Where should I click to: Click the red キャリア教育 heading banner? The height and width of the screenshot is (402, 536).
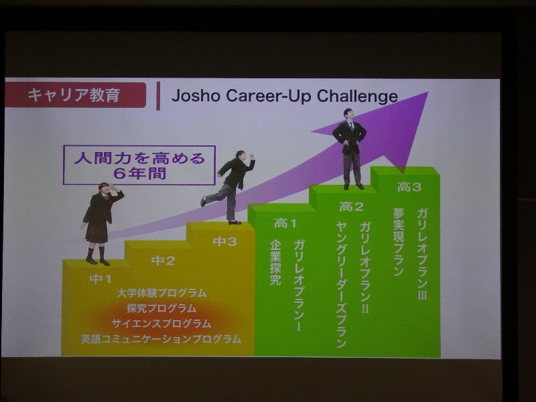coord(75,94)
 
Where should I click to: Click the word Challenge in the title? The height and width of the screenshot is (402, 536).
coord(357,96)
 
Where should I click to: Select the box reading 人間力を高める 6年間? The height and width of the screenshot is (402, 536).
coord(139,165)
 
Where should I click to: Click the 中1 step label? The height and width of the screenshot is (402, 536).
coord(100,279)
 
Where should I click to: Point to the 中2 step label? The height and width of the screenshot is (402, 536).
coord(163,261)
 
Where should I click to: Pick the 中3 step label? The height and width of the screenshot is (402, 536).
coord(224,242)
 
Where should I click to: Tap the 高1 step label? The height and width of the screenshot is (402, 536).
coord(285,224)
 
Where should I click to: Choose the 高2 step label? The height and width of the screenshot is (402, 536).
coord(351,206)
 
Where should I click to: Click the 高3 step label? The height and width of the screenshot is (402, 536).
coord(409,187)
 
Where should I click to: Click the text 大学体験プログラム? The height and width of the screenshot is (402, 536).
coord(161,293)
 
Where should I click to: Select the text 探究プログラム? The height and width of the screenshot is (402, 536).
coord(161,308)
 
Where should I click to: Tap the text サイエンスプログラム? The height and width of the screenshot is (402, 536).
coord(161,324)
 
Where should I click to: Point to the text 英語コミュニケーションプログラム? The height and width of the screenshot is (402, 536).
coord(161,339)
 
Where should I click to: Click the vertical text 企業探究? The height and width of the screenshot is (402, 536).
coord(275,263)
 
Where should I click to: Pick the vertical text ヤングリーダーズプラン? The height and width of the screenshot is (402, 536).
coord(342,284)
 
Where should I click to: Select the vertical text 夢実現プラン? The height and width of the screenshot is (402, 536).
coord(399,242)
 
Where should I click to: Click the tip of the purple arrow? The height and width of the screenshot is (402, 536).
coord(427,92)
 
